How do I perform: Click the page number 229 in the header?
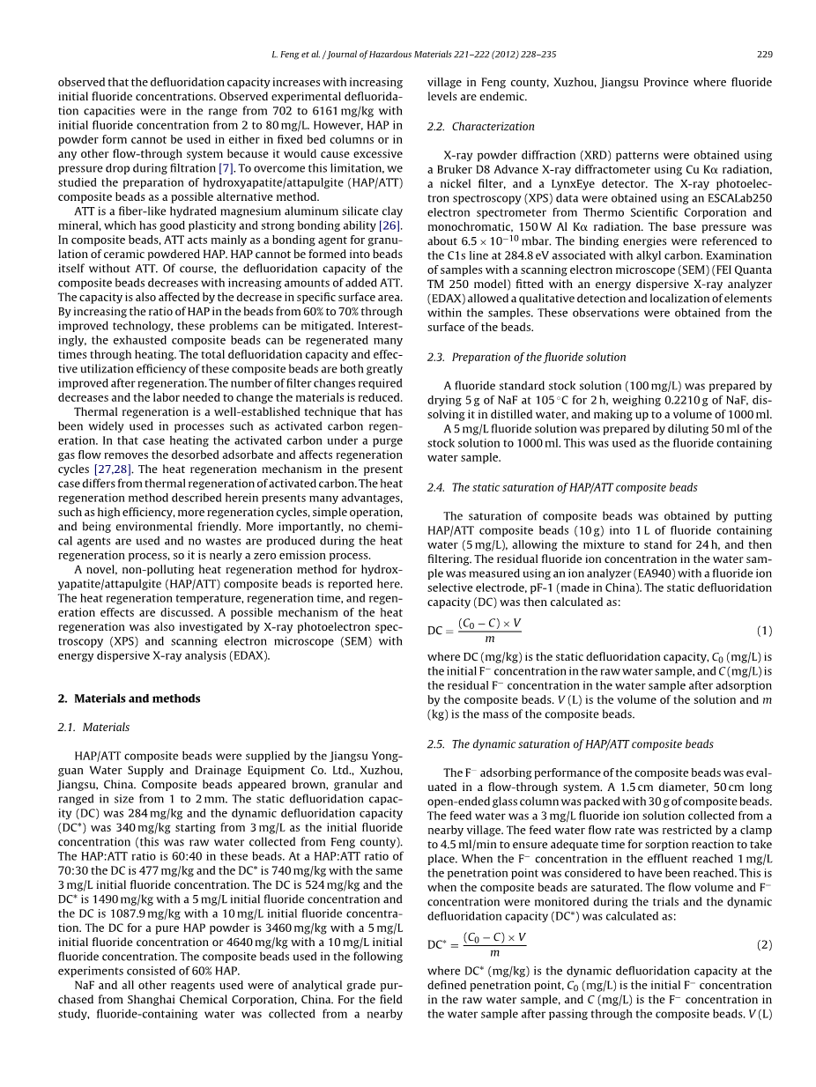point(764,55)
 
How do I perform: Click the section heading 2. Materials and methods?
point(129,699)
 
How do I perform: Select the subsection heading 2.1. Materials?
point(93,728)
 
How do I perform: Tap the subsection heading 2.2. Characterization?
point(481,127)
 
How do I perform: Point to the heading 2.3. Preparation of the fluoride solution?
point(527,358)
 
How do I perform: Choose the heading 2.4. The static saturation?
point(562,488)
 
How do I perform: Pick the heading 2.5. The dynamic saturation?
point(570,744)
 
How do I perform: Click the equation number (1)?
point(764,632)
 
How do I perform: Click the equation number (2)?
point(764,944)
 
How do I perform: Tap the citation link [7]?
point(226,168)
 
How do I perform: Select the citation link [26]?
point(389,226)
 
